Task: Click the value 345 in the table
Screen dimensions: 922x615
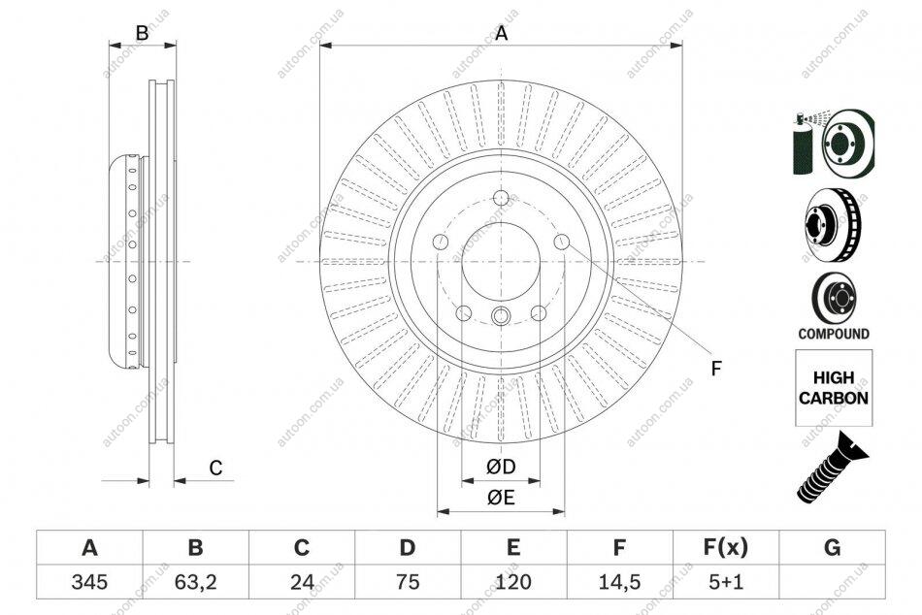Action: (89, 582)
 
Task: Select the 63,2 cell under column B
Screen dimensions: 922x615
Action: (196, 582)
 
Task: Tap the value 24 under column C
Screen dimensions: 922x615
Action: (302, 582)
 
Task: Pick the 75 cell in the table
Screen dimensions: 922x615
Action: (408, 582)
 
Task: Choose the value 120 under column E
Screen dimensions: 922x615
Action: (513, 582)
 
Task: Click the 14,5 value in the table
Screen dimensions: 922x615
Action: (619, 582)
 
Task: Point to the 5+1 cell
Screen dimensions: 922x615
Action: (726, 582)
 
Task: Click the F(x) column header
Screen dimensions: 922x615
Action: (726, 548)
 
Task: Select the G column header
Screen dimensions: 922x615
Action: (832, 548)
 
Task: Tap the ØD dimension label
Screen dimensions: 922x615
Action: (501, 467)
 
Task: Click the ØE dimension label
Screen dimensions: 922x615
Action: (501, 498)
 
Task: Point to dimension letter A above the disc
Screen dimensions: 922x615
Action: (501, 34)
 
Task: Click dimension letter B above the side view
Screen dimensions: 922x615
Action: (143, 34)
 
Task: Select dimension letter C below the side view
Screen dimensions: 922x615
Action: (215, 468)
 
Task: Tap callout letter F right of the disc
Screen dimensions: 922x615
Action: (715, 369)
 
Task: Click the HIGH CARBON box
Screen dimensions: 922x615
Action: (834, 388)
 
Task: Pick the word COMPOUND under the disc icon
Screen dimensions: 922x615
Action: (834, 334)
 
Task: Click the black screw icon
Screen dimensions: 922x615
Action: (833, 468)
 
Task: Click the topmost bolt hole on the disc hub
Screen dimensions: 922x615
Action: (501, 198)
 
